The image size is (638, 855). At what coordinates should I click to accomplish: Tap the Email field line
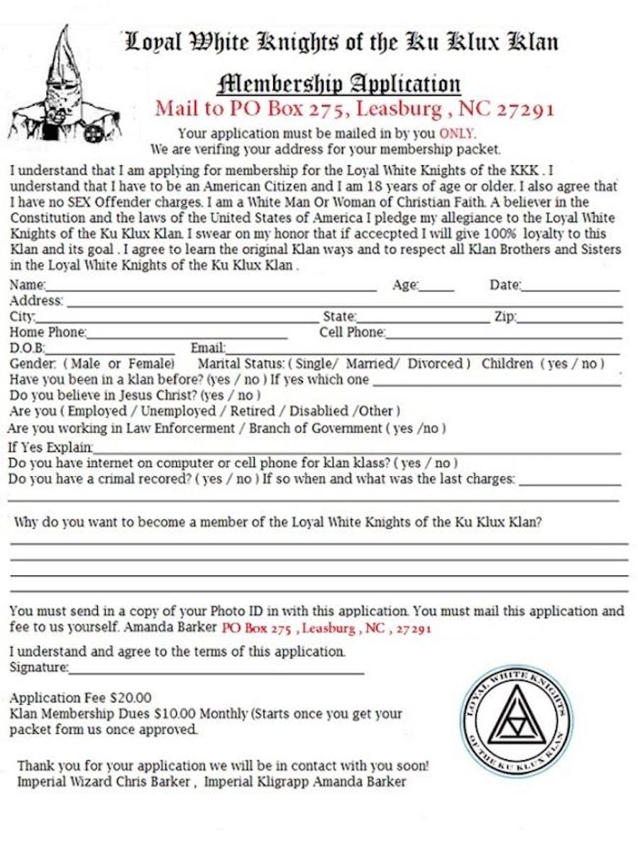[x=422, y=351]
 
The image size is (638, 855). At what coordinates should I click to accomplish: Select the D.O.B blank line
[x=110, y=351]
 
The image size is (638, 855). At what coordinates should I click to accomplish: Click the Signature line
[x=216, y=671]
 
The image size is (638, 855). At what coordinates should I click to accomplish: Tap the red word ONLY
[x=457, y=133]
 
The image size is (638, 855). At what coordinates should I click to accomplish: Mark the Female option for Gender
[x=151, y=364]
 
